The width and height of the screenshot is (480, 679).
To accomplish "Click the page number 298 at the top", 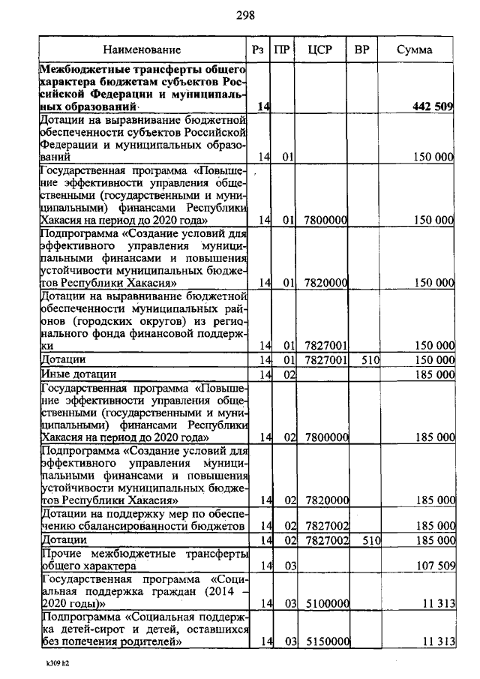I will pos(246,14).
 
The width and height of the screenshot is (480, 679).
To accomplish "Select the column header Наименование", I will pos(142,50).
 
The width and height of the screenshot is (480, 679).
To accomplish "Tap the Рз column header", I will pos(259,50).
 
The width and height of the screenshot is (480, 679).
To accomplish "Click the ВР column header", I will pos(362,50).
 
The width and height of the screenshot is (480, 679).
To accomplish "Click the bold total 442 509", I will pos(433,107).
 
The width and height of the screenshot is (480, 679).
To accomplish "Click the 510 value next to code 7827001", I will pos(371,360).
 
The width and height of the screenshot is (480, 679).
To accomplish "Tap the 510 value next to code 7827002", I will pos(371,539).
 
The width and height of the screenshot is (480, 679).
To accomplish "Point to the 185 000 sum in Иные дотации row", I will pos(434,374).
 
